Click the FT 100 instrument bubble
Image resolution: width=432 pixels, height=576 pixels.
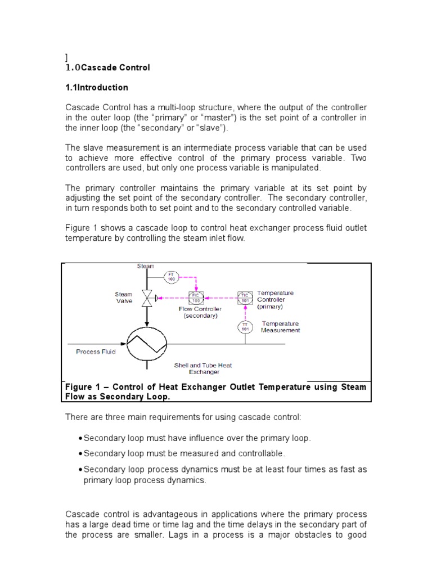pyautogui.click(x=172, y=277)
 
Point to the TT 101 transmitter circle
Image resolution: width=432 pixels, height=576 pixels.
pyautogui.click(x=245, y=327)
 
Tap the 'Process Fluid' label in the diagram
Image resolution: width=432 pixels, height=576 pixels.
pyautogui.click(x=96, y=352)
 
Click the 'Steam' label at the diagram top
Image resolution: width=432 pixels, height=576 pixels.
pyautogui.click(x=146, y=266)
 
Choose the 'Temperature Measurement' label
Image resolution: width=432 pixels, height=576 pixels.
pyautogui.click(x=280, y=327)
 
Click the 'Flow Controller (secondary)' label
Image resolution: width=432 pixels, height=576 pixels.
pyautogui.click(x=200, y=312)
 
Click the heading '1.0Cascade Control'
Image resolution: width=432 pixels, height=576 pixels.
pyautogui.click(x=108, y=67)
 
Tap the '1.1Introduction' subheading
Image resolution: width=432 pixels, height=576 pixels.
pyautogui.click(x=97, y=88)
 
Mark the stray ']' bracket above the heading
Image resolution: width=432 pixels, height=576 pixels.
pyautogui.click(x=67, y=57)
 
